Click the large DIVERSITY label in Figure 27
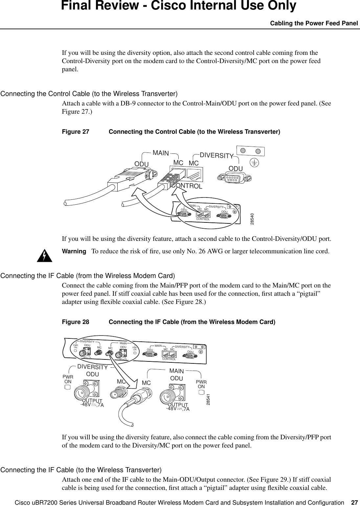(x=216, y=155)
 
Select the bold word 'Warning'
(x=74, y=251)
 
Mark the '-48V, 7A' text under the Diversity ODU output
(x=92, y=405)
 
